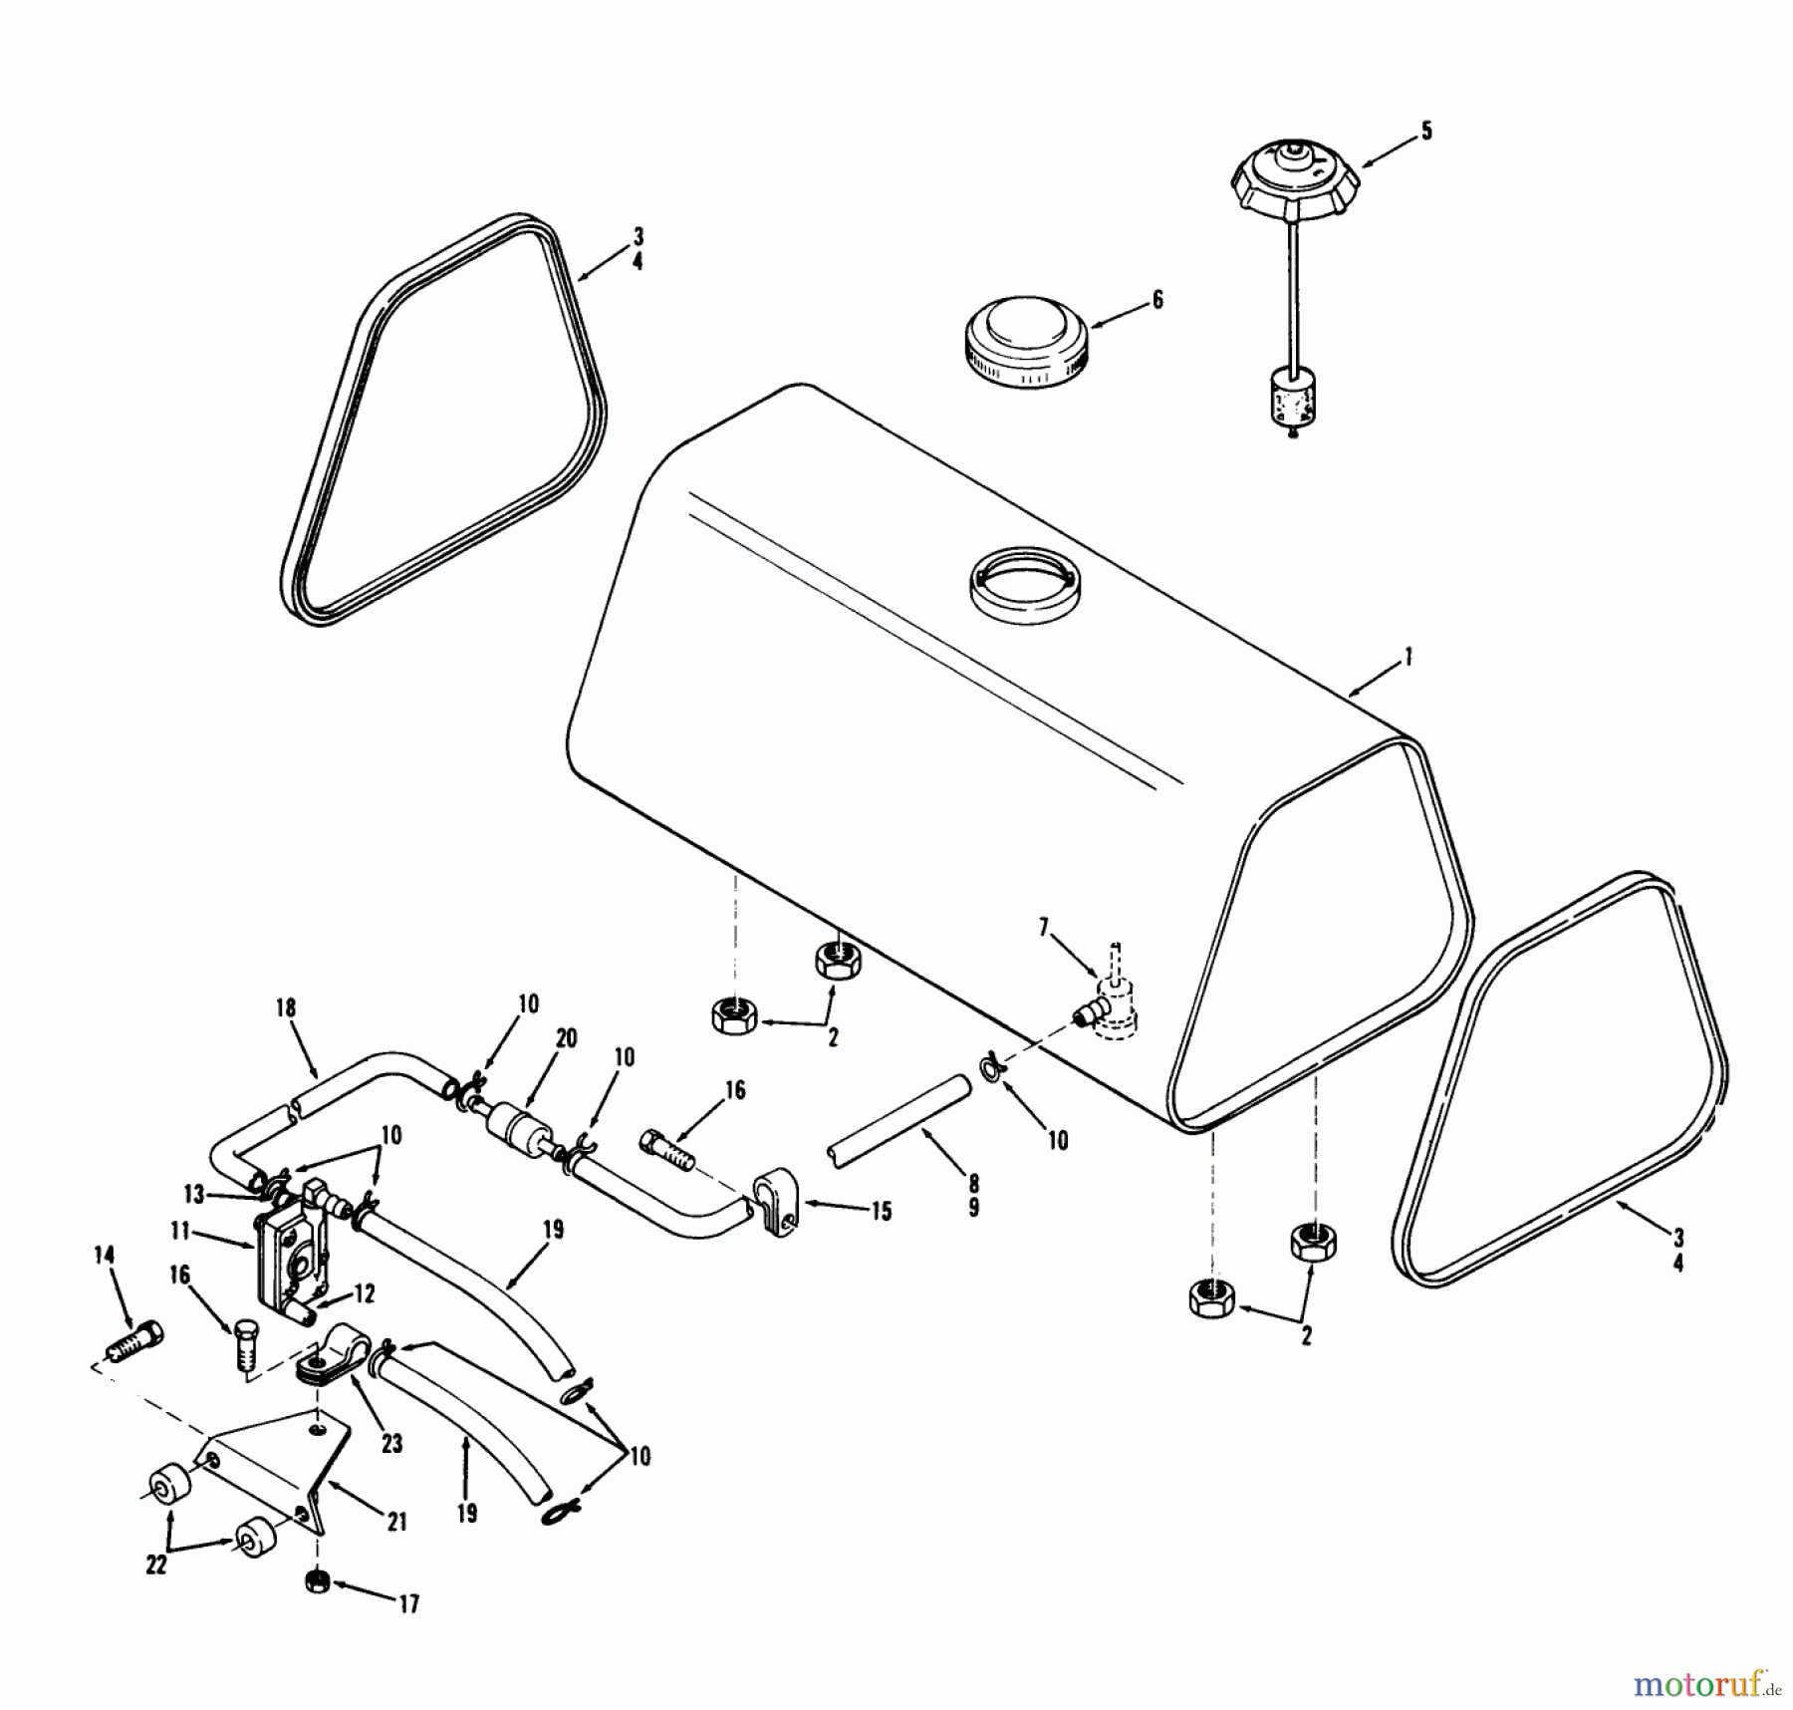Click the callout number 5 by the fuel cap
tap(1426, 132)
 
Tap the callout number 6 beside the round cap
tap(1156, 299)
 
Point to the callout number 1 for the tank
tap(1409, 658)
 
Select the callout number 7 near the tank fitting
tap(1044, 929)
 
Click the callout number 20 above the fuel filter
tap(566, 1039)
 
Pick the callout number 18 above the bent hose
tap(286, 1007)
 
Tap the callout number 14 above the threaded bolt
tap(104, 1256)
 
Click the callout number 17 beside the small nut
tap(407, 1603)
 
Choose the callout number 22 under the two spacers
tap(156, 1565)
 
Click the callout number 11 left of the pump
tap(180, 1232)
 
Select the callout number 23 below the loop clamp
tap(391, 1443)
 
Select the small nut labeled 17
tap(318, 1581)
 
